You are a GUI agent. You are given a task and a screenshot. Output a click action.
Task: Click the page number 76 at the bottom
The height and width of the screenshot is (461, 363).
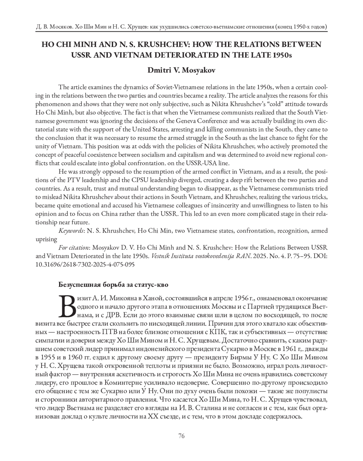181,436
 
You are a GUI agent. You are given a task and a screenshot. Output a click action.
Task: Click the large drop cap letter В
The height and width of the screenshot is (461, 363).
68,305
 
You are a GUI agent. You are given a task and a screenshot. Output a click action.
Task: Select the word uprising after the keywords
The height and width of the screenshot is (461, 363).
46,239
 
